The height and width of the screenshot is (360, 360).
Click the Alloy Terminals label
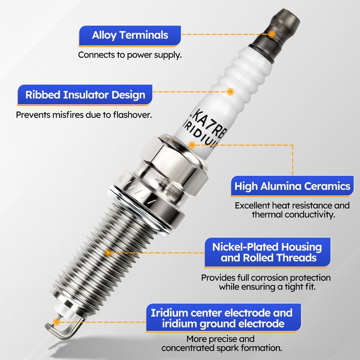pyautogui.click(x=130, y=36)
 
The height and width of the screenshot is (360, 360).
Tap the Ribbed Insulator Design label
pyautogui.click(x=85, y=95)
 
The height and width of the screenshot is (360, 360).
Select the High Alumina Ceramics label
pyautogui.click(x=292, y=186)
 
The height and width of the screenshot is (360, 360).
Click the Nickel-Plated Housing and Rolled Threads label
pyautogui.click(x=267, y=252)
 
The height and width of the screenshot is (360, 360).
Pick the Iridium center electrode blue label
pyautogui.click(x=223, y=318)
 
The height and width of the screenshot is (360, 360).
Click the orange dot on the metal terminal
pyautogui.click(x=272, y=35)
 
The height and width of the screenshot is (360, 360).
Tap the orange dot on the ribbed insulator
pyautogui.click(x=230, y=92)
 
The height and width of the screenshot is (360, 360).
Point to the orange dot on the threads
pyautogui.click(x=108, y=253)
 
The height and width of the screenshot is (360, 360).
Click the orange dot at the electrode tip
pyautogui.click(x=56, y=322)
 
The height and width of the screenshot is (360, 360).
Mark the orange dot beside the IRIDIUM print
pyautogui.click(x=192, y=145)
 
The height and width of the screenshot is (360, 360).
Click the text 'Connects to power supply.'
pyautogui.click(x=130, y=55)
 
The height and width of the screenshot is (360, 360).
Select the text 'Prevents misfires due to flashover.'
pyautogui.click(x=84, y=115)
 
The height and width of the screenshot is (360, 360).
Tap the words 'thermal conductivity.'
pyautogui.click(x=293, y=215)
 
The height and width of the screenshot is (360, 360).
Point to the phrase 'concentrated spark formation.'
pyautogui.click(x=221, y=348)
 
